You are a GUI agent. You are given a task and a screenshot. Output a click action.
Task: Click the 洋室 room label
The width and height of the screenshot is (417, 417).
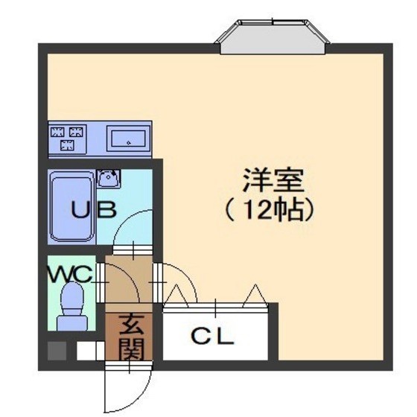[x=273, y=180]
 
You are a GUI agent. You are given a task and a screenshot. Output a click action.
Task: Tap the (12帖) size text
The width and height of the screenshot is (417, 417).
[x=270, y=209]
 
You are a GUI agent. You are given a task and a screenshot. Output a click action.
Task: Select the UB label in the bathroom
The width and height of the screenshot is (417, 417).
[x=94, y=209]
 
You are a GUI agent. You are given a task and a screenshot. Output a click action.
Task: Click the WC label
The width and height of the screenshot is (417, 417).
[x=71, y=274]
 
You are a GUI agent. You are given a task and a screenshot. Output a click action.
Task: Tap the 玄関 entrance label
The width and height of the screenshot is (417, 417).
[x=131, y=337]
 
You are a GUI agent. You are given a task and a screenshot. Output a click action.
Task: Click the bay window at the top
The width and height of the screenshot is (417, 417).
[x=273, y=36]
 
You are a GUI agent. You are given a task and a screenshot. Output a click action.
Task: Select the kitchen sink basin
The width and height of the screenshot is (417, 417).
[x=128, y=139]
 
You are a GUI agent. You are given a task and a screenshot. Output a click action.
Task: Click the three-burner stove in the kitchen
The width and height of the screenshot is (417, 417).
[x=67, y=139]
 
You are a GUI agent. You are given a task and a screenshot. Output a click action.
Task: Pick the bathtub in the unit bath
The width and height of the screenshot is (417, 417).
[x=71, y=206]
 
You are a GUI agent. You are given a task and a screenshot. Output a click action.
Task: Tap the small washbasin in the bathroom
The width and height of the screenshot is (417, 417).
[x=109, y=178]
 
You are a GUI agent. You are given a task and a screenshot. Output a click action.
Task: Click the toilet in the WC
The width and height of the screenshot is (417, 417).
[x=72, y=306]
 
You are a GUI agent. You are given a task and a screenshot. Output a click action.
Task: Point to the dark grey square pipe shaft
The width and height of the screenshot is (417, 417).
[x=57, y=351]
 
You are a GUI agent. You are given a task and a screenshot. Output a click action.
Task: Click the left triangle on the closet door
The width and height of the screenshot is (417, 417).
[x=176, y=294]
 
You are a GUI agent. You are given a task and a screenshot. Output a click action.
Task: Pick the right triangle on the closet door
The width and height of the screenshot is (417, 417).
[x=255, y=294]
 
